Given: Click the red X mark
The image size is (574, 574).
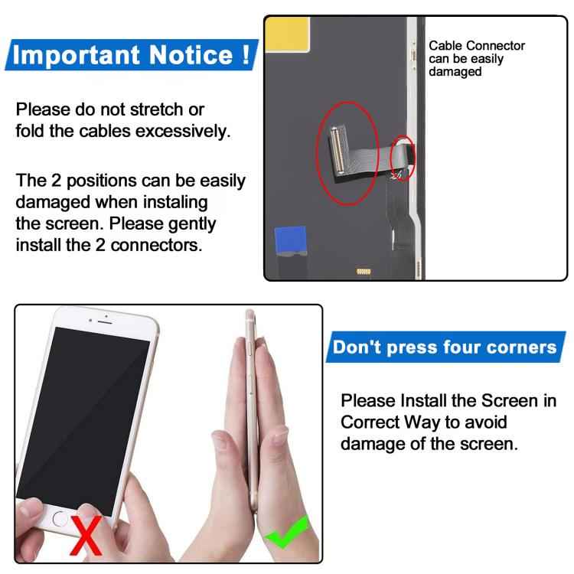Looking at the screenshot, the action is [x=86, y=535].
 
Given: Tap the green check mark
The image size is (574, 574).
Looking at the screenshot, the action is [x=288, y=533].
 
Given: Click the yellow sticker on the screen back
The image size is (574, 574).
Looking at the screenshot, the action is [x=287, y=34].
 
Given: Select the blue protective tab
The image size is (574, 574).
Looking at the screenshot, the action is [x=291, y=240].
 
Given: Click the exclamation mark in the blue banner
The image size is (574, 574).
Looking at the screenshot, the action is [x=246, y=54].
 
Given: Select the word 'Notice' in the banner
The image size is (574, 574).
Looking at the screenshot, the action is [x=191, y=54].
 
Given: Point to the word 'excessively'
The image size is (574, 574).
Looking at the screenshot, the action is [x=183, y=131].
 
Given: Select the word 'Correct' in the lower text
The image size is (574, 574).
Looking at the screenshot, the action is [x=370, y=422].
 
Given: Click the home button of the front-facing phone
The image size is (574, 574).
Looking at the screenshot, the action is [x=60, y=518].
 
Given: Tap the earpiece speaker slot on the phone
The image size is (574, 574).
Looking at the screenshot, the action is [x=105, y=321].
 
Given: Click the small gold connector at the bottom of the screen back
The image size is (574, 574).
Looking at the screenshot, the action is [x=364, y=271].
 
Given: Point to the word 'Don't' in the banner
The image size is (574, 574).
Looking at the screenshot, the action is [x=357, y=347].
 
